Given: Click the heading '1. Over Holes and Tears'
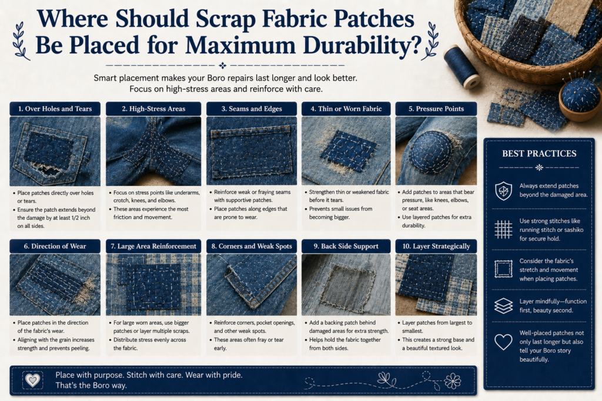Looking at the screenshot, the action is point(55,109).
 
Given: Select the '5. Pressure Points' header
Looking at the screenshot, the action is point(436,109).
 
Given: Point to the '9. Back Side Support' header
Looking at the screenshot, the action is point(346,246).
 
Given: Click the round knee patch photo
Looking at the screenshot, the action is point(436,151).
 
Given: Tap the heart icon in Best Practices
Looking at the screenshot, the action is point(503,342).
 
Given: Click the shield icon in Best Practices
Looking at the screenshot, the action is point(503,191).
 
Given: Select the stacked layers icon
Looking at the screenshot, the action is point(503,306).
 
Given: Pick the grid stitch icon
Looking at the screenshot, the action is point(503,229).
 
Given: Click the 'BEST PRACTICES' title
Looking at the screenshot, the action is point(539,154).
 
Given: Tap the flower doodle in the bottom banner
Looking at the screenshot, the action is point(453,381).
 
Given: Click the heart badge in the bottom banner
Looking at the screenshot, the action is point(33,380).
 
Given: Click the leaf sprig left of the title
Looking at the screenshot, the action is point(21,42).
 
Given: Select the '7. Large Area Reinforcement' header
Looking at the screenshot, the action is point(153,246).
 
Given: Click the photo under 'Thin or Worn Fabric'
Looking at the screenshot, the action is point(346,151).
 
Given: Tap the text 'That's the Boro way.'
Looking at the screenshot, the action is point(91,385).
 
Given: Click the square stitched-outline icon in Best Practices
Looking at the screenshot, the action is point(503,269).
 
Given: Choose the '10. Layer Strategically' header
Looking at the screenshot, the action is point(436,246).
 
